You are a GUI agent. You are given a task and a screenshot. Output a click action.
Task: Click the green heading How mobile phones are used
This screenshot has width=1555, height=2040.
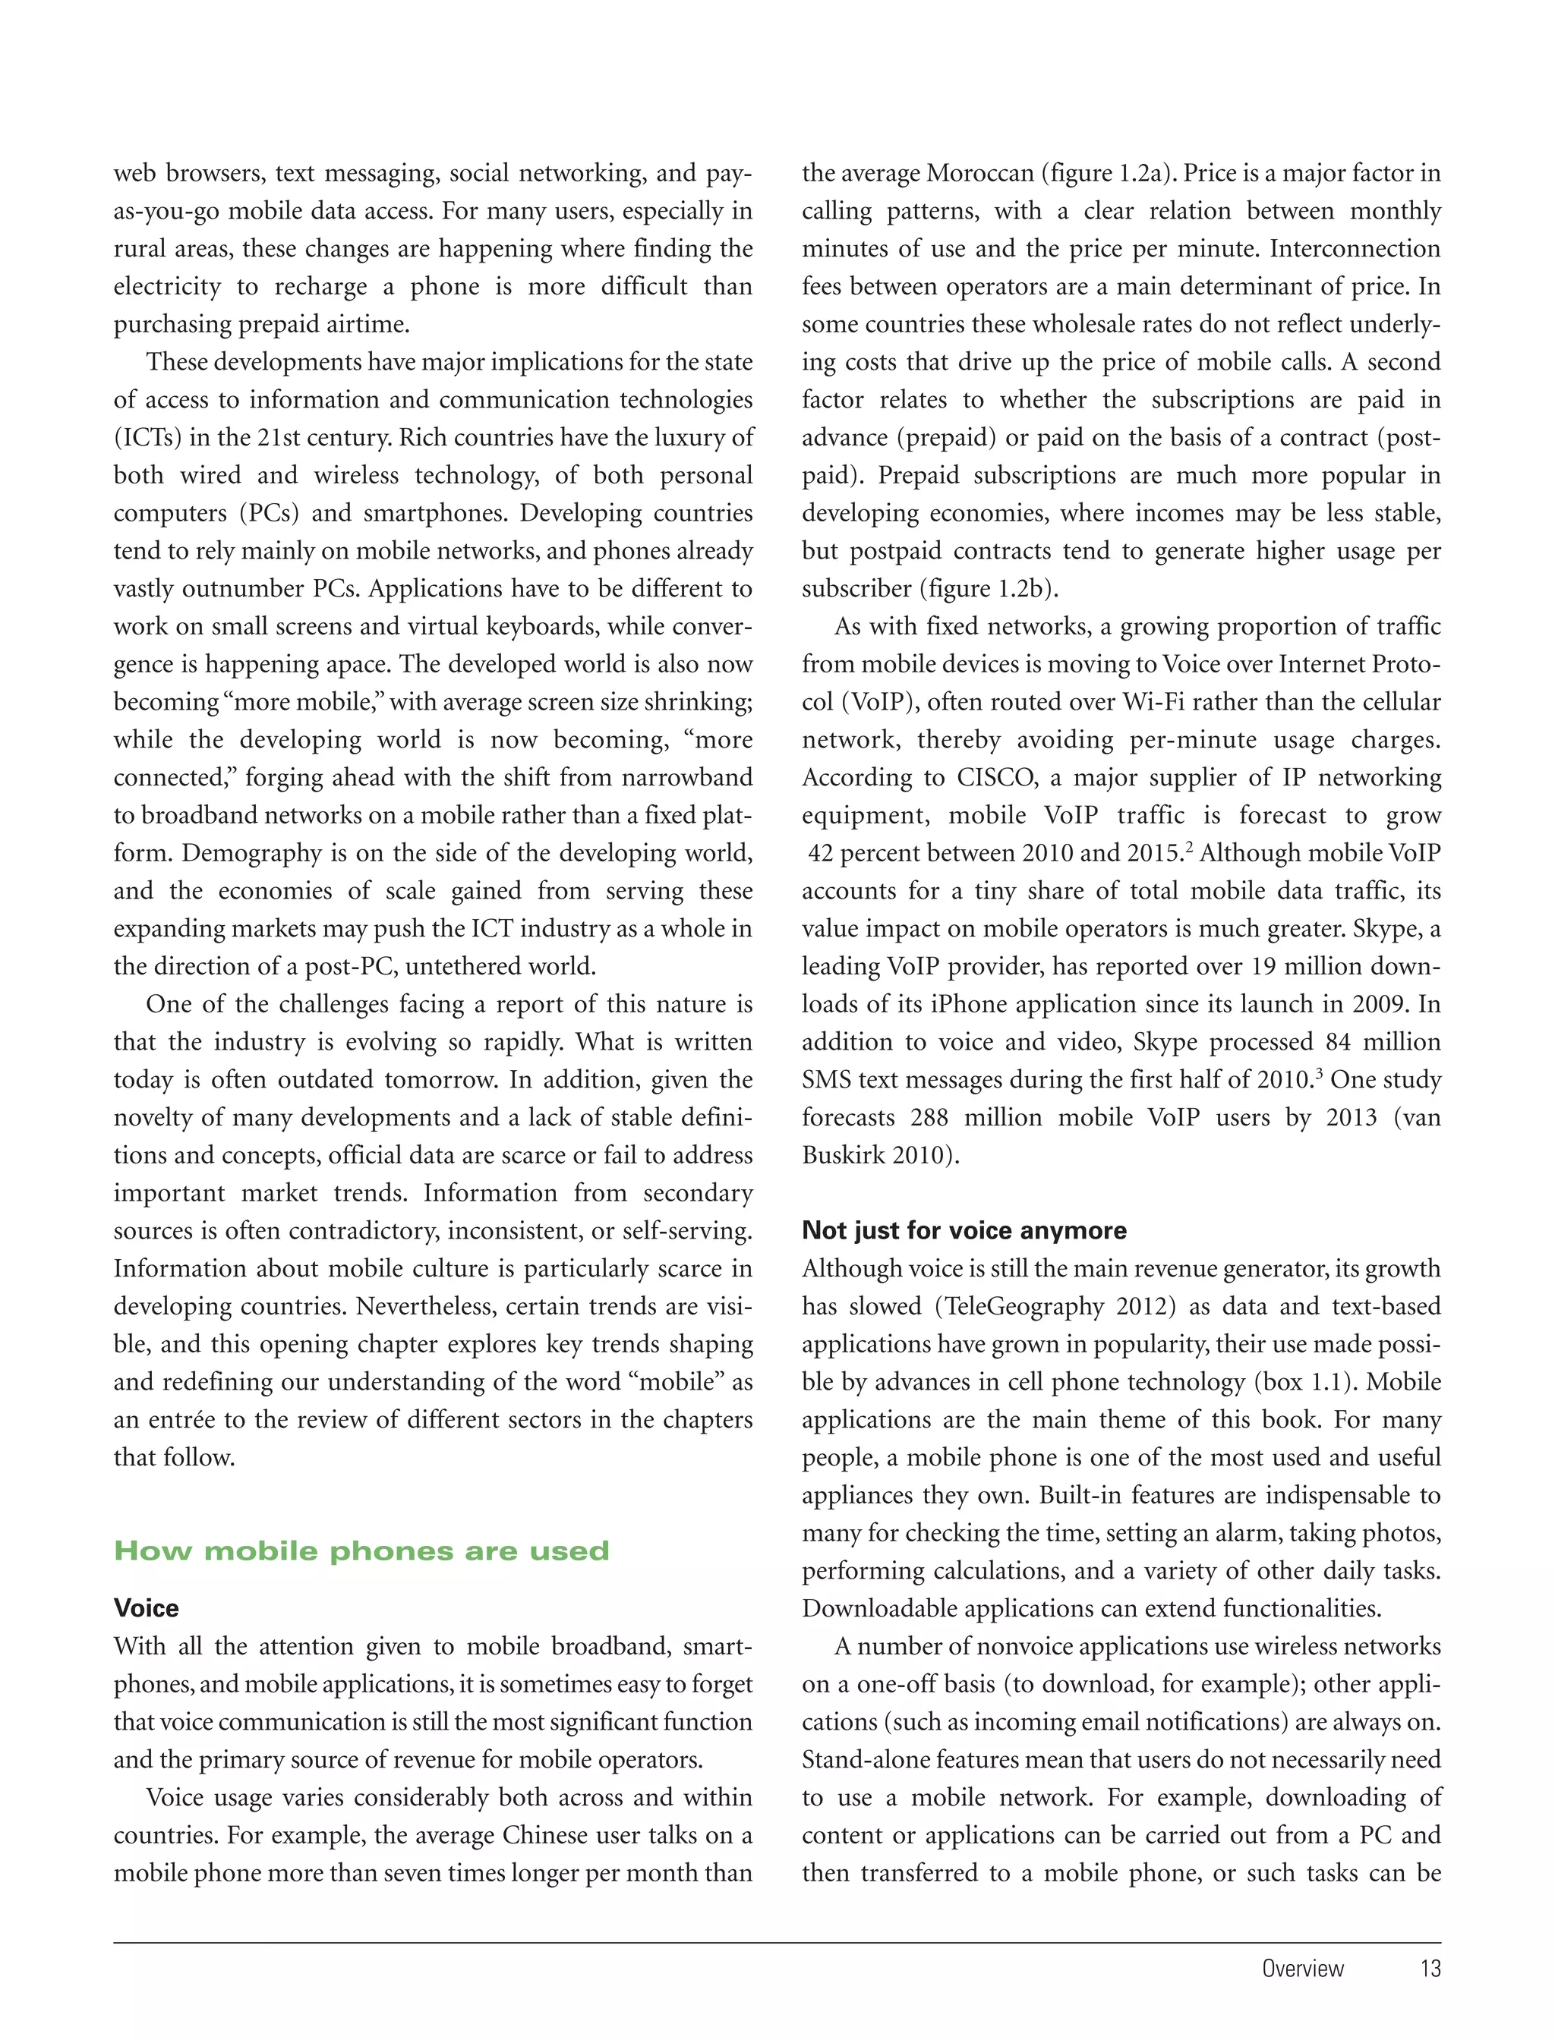point(361,1550)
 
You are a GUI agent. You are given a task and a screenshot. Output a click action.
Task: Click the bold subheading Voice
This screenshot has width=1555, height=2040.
point(147,1608)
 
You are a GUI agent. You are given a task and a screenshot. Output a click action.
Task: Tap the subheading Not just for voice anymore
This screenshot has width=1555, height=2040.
point(964,1230)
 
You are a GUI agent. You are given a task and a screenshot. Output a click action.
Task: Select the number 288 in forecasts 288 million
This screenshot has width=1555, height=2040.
point(929,1118)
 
